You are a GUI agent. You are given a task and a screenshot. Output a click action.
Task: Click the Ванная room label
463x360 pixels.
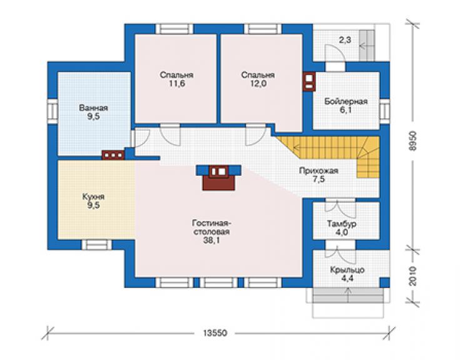[x=93, y=108]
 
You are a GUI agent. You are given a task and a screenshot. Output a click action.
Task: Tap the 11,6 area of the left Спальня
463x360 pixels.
[x=177, y=84]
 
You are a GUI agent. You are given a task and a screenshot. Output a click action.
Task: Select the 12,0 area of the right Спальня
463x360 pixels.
[x=258, y=84]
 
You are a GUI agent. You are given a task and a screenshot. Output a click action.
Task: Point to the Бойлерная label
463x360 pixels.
[x=346, y=101]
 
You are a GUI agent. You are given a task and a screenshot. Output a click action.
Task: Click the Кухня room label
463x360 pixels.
[x=93, y=197]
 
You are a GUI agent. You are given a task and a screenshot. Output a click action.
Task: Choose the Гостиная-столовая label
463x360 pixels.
[x=211, y=227]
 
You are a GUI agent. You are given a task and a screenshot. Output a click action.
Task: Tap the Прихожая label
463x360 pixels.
[x=318, y=171]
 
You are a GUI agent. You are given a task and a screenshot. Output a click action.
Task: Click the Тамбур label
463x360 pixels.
[x=342, y=224]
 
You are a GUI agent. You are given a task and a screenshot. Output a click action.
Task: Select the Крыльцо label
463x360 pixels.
[x=347, y=270]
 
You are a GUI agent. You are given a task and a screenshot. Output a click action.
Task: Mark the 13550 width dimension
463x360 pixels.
[x=215, y=333]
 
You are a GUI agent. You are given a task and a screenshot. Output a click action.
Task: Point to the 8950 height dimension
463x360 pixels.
[x=413, y=141]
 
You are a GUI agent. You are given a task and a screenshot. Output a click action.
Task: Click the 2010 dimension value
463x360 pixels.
[x=413, y=276]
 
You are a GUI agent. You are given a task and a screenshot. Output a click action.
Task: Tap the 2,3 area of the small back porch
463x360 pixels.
[x=345, y=39]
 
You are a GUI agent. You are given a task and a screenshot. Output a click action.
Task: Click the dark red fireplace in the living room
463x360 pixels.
[x=218, y=178]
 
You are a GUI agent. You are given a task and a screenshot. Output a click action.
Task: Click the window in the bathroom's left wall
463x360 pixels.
[x=53, y=111]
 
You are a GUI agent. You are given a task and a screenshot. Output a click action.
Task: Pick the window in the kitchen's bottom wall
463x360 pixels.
[x=96, y=245]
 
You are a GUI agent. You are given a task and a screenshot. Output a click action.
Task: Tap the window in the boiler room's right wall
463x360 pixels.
[x=384, y=111]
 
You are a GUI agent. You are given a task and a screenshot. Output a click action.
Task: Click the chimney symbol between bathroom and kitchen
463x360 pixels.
[x=113, y=155]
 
